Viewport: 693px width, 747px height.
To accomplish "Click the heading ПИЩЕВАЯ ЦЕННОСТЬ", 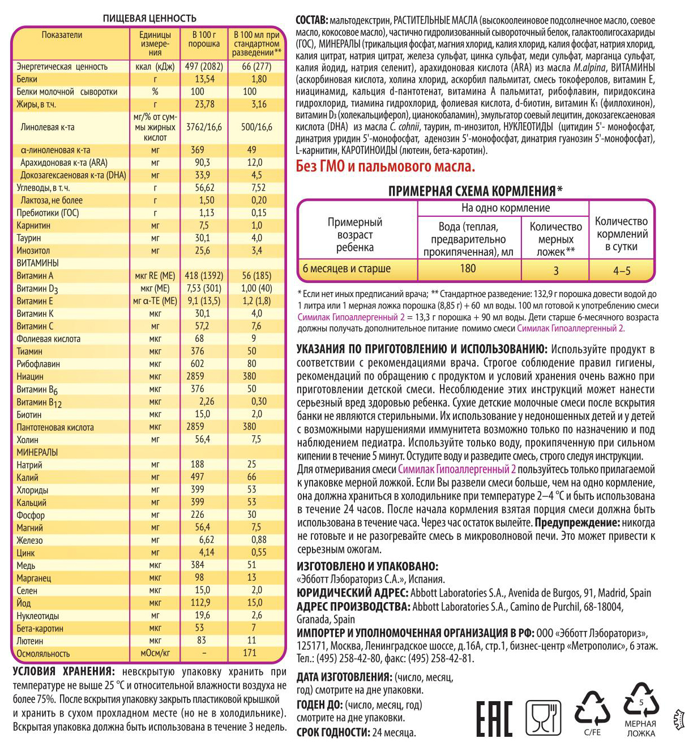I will pos(149,18).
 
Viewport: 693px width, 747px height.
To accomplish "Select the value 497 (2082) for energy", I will pos(204,66).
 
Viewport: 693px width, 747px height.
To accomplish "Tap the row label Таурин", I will pos(29,238).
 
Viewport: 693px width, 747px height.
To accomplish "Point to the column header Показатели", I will pos(62,35).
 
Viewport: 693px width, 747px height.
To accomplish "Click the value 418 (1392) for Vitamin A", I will pos(204,276).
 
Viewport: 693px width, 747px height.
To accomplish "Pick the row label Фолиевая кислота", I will pos(48,339).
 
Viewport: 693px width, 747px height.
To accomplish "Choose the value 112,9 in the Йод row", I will pos(200,603).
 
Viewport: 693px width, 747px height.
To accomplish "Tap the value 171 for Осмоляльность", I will pos(250,652).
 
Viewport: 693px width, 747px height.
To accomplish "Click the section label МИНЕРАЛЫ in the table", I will pos(37,452).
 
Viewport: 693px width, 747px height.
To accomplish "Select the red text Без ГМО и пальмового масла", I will pos(386,166).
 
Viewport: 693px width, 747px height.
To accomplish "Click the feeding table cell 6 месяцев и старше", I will pos(346,269).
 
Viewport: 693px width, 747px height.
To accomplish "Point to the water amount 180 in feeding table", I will pos(468,269).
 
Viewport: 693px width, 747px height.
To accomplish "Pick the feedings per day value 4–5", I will pos(622,271).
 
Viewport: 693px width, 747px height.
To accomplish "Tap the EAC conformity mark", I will pos(494,719).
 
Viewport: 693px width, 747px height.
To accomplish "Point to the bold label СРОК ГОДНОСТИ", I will pos(332,732).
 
